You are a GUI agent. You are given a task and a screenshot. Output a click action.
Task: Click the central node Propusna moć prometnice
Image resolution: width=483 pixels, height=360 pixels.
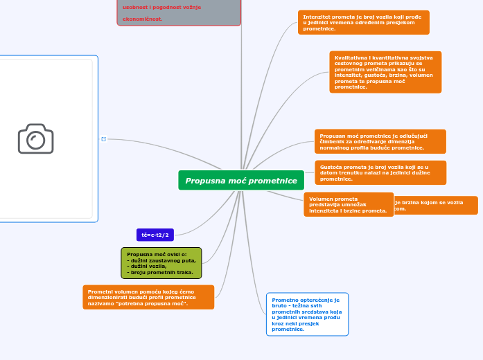click(240, 181)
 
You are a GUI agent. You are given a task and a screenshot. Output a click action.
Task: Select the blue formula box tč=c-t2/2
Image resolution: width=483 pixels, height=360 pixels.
click(155, 235)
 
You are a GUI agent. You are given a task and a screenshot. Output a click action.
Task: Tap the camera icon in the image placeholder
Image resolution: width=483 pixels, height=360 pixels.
click(35, 138)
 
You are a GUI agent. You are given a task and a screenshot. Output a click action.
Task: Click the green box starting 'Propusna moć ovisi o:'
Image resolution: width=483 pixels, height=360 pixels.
click(161, 263)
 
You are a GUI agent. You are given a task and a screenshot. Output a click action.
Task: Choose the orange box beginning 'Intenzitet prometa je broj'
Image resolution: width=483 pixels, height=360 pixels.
click(364, 22)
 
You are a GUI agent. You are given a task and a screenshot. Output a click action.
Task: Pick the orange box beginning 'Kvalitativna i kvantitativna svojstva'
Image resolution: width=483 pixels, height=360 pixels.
click(385, 72)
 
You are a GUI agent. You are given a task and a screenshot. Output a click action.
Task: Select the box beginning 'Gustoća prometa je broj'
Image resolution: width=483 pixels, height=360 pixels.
click(380, 172)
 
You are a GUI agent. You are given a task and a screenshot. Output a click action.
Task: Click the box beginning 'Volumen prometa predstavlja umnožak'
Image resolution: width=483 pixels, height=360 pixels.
click(348, 204)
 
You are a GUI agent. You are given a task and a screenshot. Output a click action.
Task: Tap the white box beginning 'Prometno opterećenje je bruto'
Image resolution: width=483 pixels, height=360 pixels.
click(307, 314)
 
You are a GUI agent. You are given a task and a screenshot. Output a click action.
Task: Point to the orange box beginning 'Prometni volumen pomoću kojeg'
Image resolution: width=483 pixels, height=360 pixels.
click(148, 297)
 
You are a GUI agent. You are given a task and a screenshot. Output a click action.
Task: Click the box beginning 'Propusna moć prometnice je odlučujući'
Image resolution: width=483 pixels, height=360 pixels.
click(380, 141)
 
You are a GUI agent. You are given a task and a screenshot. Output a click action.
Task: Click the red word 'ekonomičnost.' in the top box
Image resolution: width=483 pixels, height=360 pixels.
click(143, 19)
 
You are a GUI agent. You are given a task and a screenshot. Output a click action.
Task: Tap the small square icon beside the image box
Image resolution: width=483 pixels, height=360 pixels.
click(104, 139)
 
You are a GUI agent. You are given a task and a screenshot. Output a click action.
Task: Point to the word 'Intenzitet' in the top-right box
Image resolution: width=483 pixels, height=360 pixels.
click(316, 15)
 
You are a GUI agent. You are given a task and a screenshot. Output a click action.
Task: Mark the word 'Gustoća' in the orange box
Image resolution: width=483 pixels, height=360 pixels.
click(331, 167)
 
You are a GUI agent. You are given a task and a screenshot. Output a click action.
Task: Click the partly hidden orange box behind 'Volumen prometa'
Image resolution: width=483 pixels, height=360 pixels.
click(437, 205)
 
